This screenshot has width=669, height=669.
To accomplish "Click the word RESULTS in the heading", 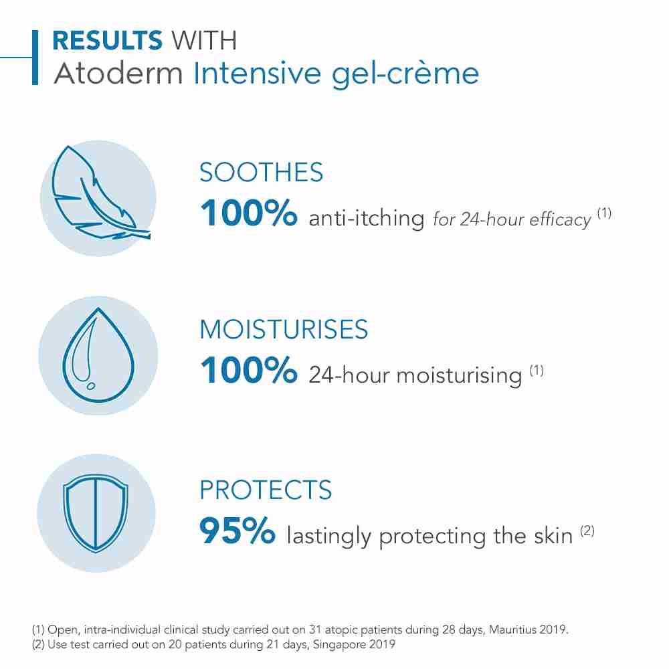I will [x=107, y=41].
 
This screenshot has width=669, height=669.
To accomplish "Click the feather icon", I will [x=98, y=198].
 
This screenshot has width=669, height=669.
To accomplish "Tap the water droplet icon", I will [x=98, y=355].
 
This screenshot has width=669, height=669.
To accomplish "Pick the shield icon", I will [x=98, y=512].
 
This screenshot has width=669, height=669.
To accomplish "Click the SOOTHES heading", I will [x=262, y=173].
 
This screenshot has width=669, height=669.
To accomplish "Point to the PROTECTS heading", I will [x=266, y=490].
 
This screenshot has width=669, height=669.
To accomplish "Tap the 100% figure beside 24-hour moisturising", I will [x=248, y=371].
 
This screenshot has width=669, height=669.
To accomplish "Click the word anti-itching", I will [x=367, y=219].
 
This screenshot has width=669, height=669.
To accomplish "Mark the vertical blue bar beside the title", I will [x=35, y=57].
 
